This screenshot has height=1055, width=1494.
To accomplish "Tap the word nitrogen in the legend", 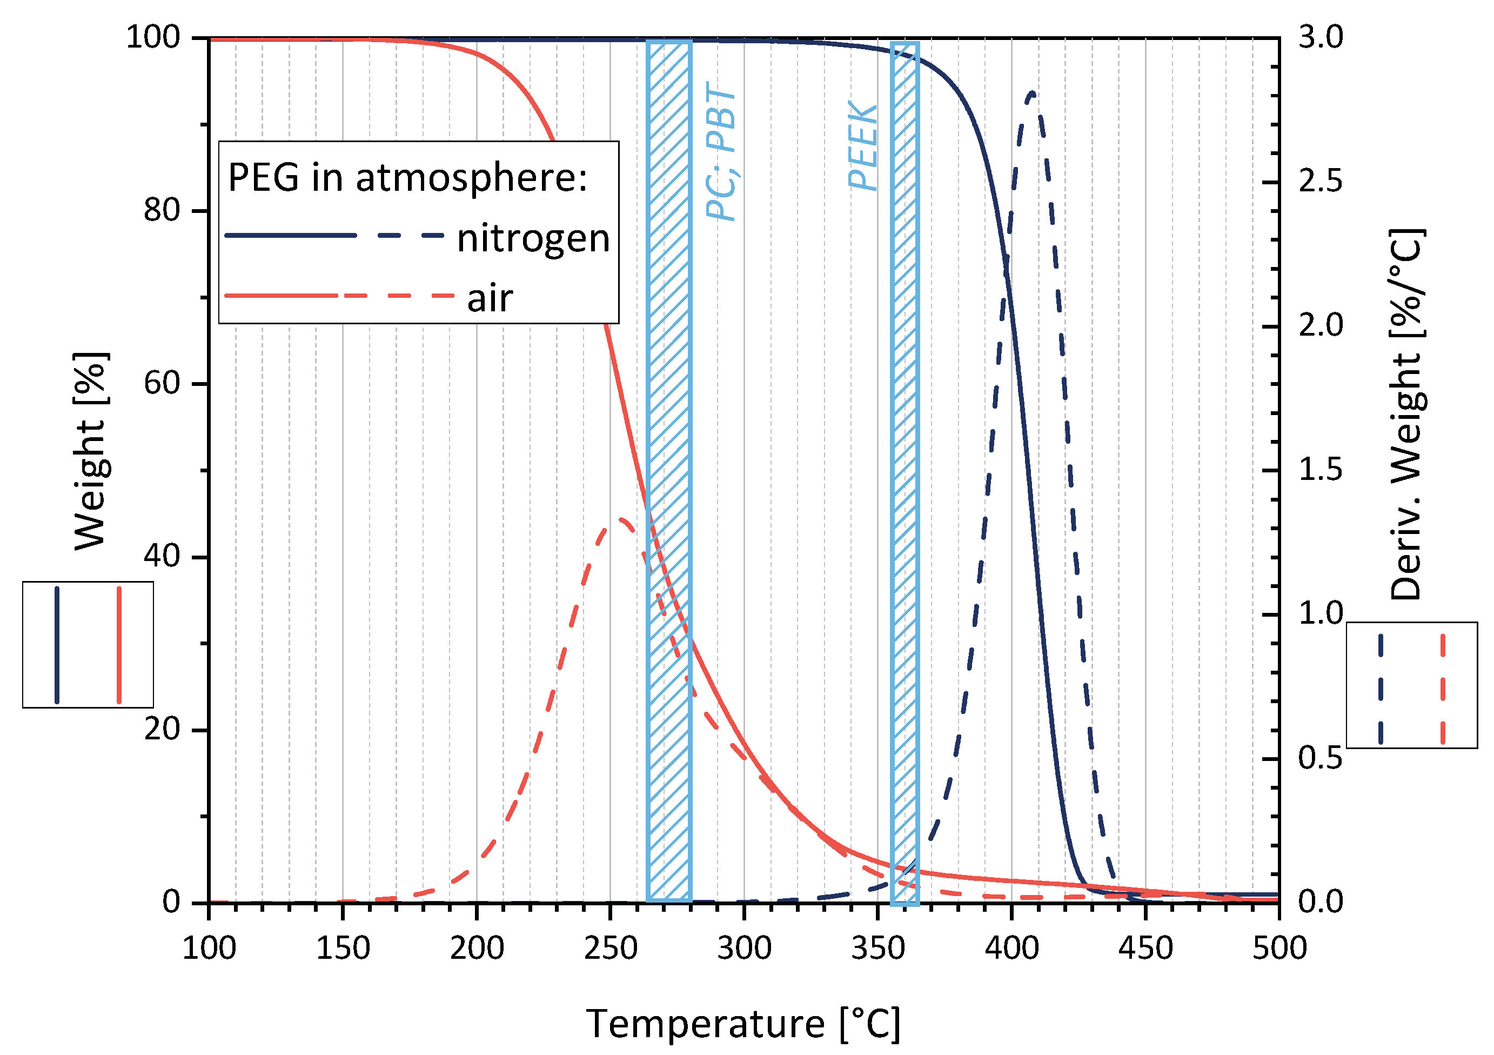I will click(533, 238).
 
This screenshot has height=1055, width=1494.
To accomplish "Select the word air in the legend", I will click(490, 299).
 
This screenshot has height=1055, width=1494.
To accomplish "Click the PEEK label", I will click(862, 146).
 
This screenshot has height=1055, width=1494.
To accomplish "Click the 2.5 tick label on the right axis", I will click(1320, 181).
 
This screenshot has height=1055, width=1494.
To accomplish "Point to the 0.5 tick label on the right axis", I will click(1320, 758).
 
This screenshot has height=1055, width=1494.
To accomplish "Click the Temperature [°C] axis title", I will click(743, 1024).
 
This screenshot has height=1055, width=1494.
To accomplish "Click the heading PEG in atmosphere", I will click(407, 177).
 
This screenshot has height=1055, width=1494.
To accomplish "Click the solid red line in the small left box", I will click(119, 645).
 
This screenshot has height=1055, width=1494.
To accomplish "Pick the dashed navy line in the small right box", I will click(1380, 689).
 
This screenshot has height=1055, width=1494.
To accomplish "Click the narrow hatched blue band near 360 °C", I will click(905, 456).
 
